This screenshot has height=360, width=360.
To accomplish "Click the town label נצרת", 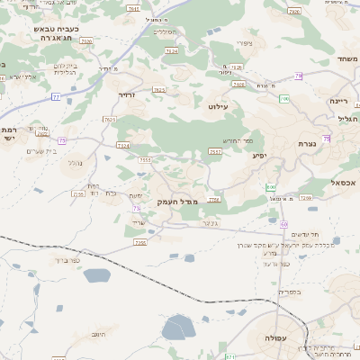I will pyautogui.click(x=307, y=143).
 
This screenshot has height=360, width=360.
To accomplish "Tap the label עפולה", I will pyautogui.click(x=276, y=337).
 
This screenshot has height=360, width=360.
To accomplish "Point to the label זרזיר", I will pyautogui.click(x=127, y=94).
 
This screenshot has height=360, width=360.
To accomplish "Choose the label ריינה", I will pyautogui.click(x=339, y=101).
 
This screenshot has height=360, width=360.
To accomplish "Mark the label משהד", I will pyautogui.click(x=346, y=58).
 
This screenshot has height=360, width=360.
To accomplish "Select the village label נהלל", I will pyautogui.click(x=75, y=163).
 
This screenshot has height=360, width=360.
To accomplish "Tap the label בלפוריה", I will pyautogui.click(x=290, y=292).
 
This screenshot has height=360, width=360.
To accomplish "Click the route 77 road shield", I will pyautogui.click(x=56, y=96).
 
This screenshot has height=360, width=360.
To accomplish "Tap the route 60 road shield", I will pyautogui.click(x=283, y=222).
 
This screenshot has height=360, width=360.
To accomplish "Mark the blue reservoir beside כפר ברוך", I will pyautogui.click(x=96, y=275).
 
